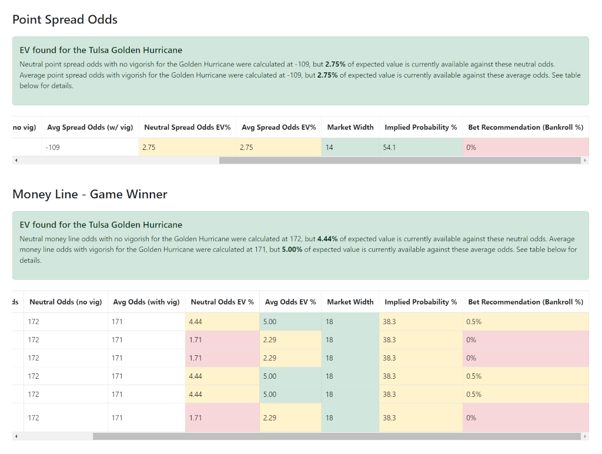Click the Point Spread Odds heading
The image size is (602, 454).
65,19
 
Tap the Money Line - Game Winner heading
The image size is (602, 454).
89,194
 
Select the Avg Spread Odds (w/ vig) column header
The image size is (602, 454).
89,127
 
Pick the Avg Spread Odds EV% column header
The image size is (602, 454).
279,127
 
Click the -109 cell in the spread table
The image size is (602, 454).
53,148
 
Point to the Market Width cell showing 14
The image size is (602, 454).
330,148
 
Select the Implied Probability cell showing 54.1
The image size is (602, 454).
389,148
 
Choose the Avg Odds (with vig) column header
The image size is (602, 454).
146,302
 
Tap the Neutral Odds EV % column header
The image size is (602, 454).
222,302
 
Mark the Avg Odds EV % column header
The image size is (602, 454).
290,302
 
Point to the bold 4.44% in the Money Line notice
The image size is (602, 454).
327,239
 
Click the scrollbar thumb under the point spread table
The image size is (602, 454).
400,160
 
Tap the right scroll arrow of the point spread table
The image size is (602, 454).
585,160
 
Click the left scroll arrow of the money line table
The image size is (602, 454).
16,436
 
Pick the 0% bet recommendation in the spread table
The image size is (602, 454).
471,148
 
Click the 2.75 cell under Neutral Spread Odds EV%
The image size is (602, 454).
149,148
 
